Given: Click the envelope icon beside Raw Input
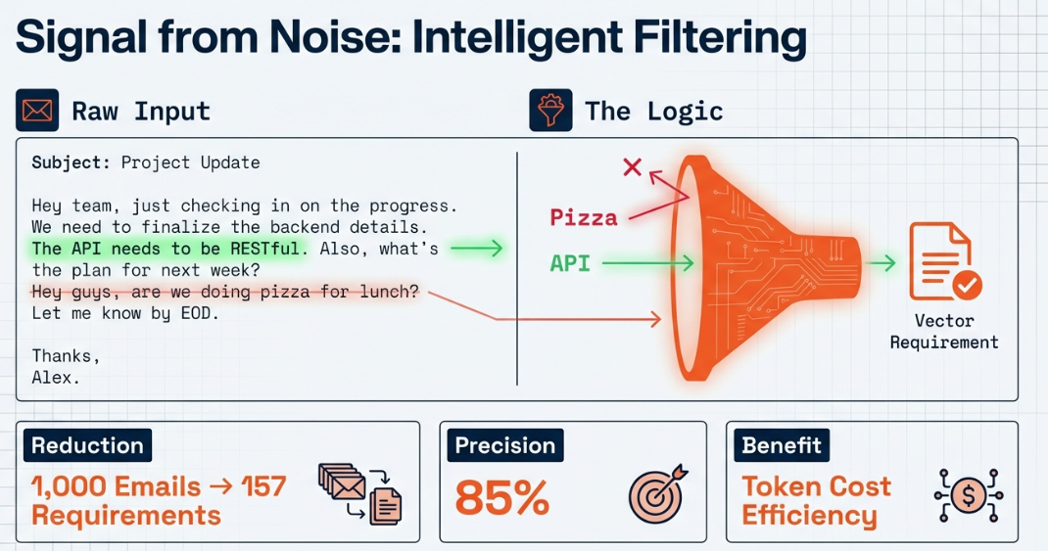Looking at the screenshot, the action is [37, 111].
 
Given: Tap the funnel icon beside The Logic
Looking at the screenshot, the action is [550, 111].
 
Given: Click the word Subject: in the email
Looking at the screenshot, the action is [71, 163].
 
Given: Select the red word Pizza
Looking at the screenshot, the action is [584, 217].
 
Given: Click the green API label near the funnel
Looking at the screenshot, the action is [570, 263].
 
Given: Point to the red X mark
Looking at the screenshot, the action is [633, 166].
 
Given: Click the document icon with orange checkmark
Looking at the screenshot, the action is [945, 262].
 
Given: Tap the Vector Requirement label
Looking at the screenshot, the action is [944, 331].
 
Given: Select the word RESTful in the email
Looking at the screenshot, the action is [264, 249].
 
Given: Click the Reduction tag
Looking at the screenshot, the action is [87, 445].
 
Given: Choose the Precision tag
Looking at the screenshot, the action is [505, 445].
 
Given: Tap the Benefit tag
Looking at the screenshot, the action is [782, 445].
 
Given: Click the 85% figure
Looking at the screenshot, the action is [501, 498].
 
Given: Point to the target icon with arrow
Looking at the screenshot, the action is [657, 493].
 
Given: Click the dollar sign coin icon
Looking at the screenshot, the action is [969, 495].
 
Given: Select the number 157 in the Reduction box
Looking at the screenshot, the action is [263, 486].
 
